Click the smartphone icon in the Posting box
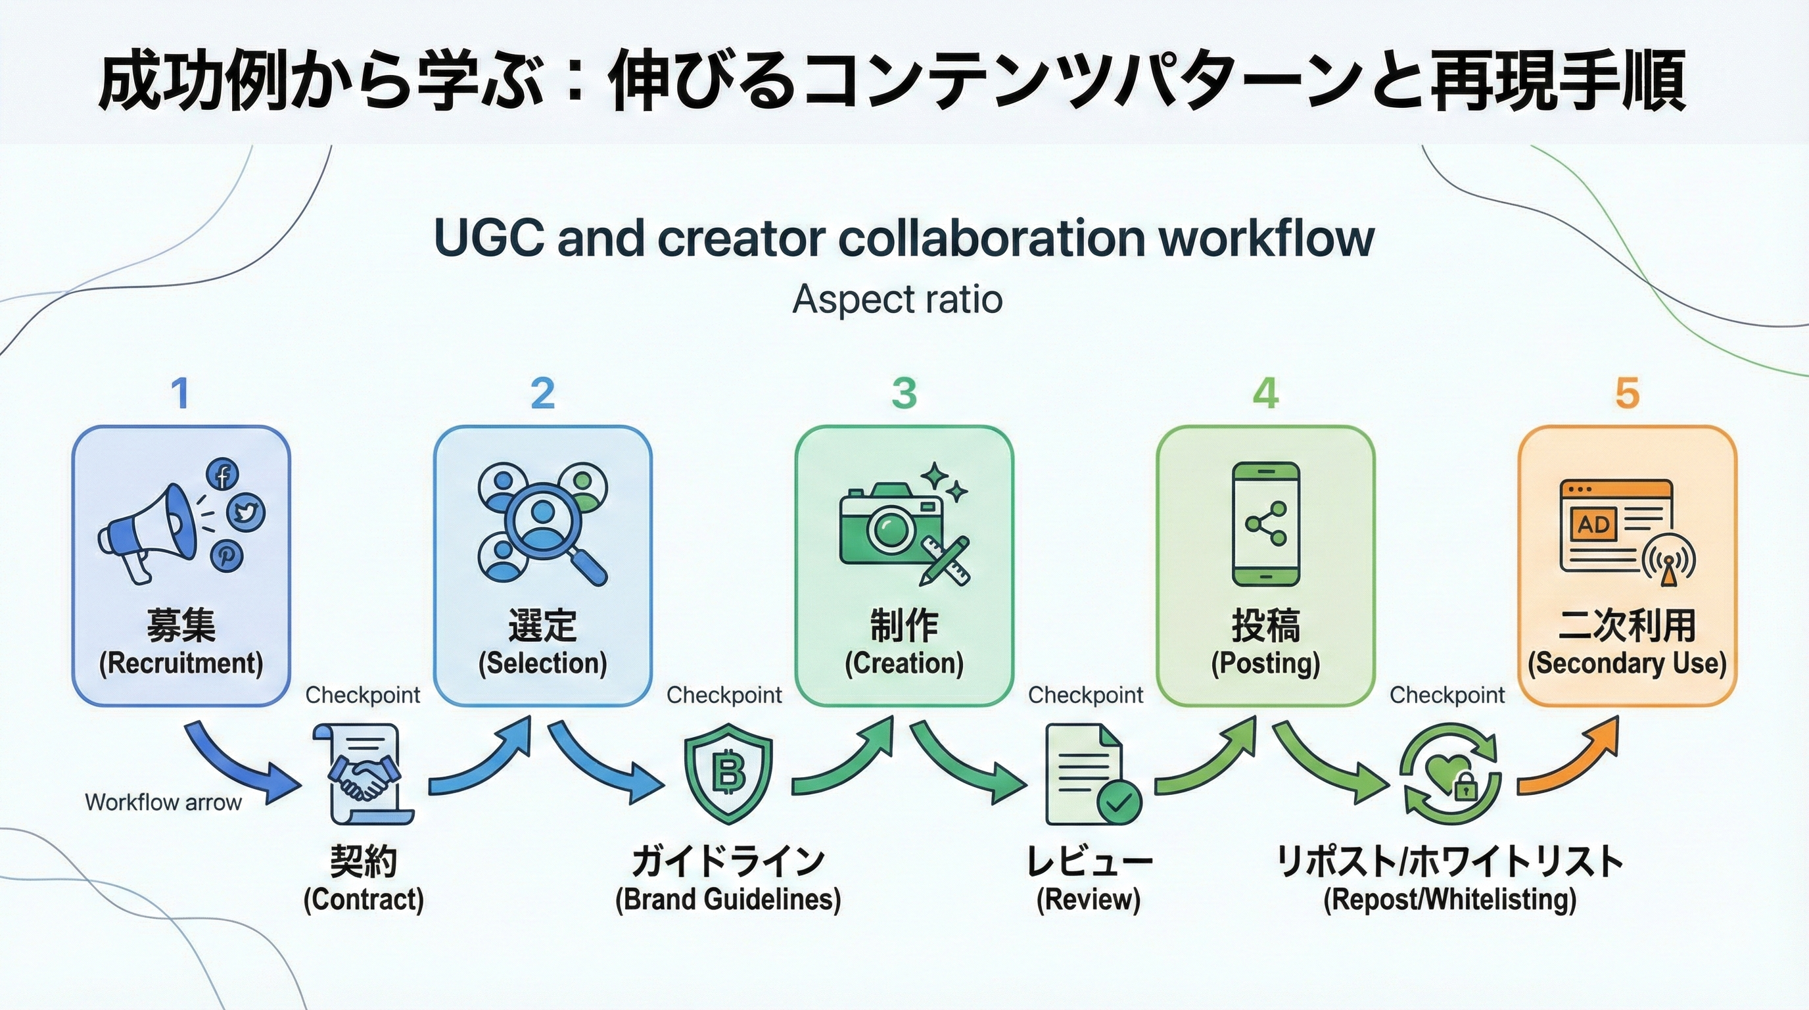[x=1265, y=524]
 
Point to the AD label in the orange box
[x=1593, y=524]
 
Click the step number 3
[x=904, y=393]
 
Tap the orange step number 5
[x=1627, y=393]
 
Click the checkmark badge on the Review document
[x=1118, y=802]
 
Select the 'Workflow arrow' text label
[x=163, y=802]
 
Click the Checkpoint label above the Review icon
[x=1085, y=695]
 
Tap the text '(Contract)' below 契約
[x=364, y=900]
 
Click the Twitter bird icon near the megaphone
[x=245, y=512]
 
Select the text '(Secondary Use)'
[x=1627, y=663]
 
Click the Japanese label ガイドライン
[x=728, y=861]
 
